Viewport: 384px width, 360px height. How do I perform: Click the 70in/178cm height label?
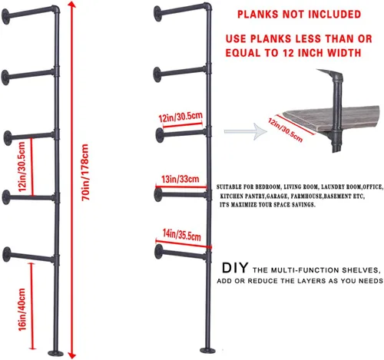pos(85,173)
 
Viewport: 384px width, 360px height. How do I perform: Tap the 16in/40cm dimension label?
pos(22,309)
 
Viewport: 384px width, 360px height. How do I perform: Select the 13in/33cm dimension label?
pos(180,179)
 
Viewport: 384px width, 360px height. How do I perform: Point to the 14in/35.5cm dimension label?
pos(182,235)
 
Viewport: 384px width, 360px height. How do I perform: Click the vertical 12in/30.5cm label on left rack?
pos(22,167)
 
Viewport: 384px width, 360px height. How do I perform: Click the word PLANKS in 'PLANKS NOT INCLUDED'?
pos(258,15)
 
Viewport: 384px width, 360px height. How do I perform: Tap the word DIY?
pos(235,268)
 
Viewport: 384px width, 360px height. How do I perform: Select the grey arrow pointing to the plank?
pos(245,131)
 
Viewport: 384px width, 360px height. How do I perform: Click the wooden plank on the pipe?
pos(331,119)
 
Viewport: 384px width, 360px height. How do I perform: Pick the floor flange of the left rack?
pos(55,353)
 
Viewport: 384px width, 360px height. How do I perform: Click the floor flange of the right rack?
pos(207,350)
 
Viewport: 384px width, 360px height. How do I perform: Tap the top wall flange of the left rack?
pos(5,17)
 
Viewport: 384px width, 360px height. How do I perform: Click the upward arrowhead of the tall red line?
pos(72,5)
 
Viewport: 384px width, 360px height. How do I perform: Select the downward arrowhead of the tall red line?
pos(72,355)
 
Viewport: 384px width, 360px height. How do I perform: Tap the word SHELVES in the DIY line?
pos(359,270)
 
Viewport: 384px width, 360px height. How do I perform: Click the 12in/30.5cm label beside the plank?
pos(286,130)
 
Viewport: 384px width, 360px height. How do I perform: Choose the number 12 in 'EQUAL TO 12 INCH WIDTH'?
pos(288,53)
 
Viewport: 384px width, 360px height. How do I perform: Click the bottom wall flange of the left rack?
pos(7,255)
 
